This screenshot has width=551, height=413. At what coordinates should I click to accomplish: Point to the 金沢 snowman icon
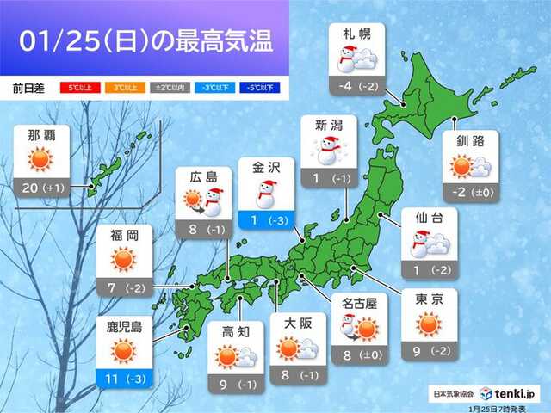pyautogui.click(x=267, y=194)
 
